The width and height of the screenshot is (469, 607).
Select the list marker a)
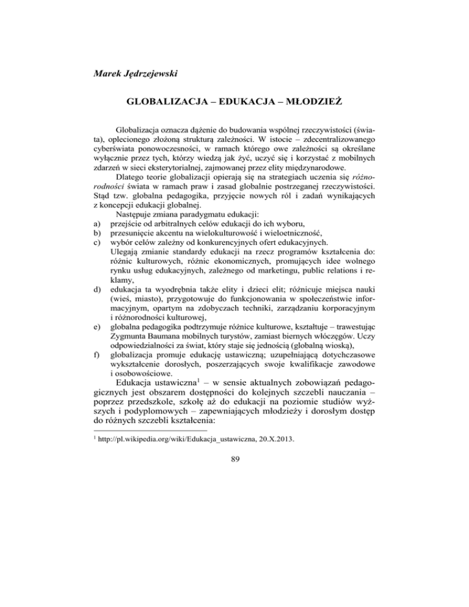[91, 274]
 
